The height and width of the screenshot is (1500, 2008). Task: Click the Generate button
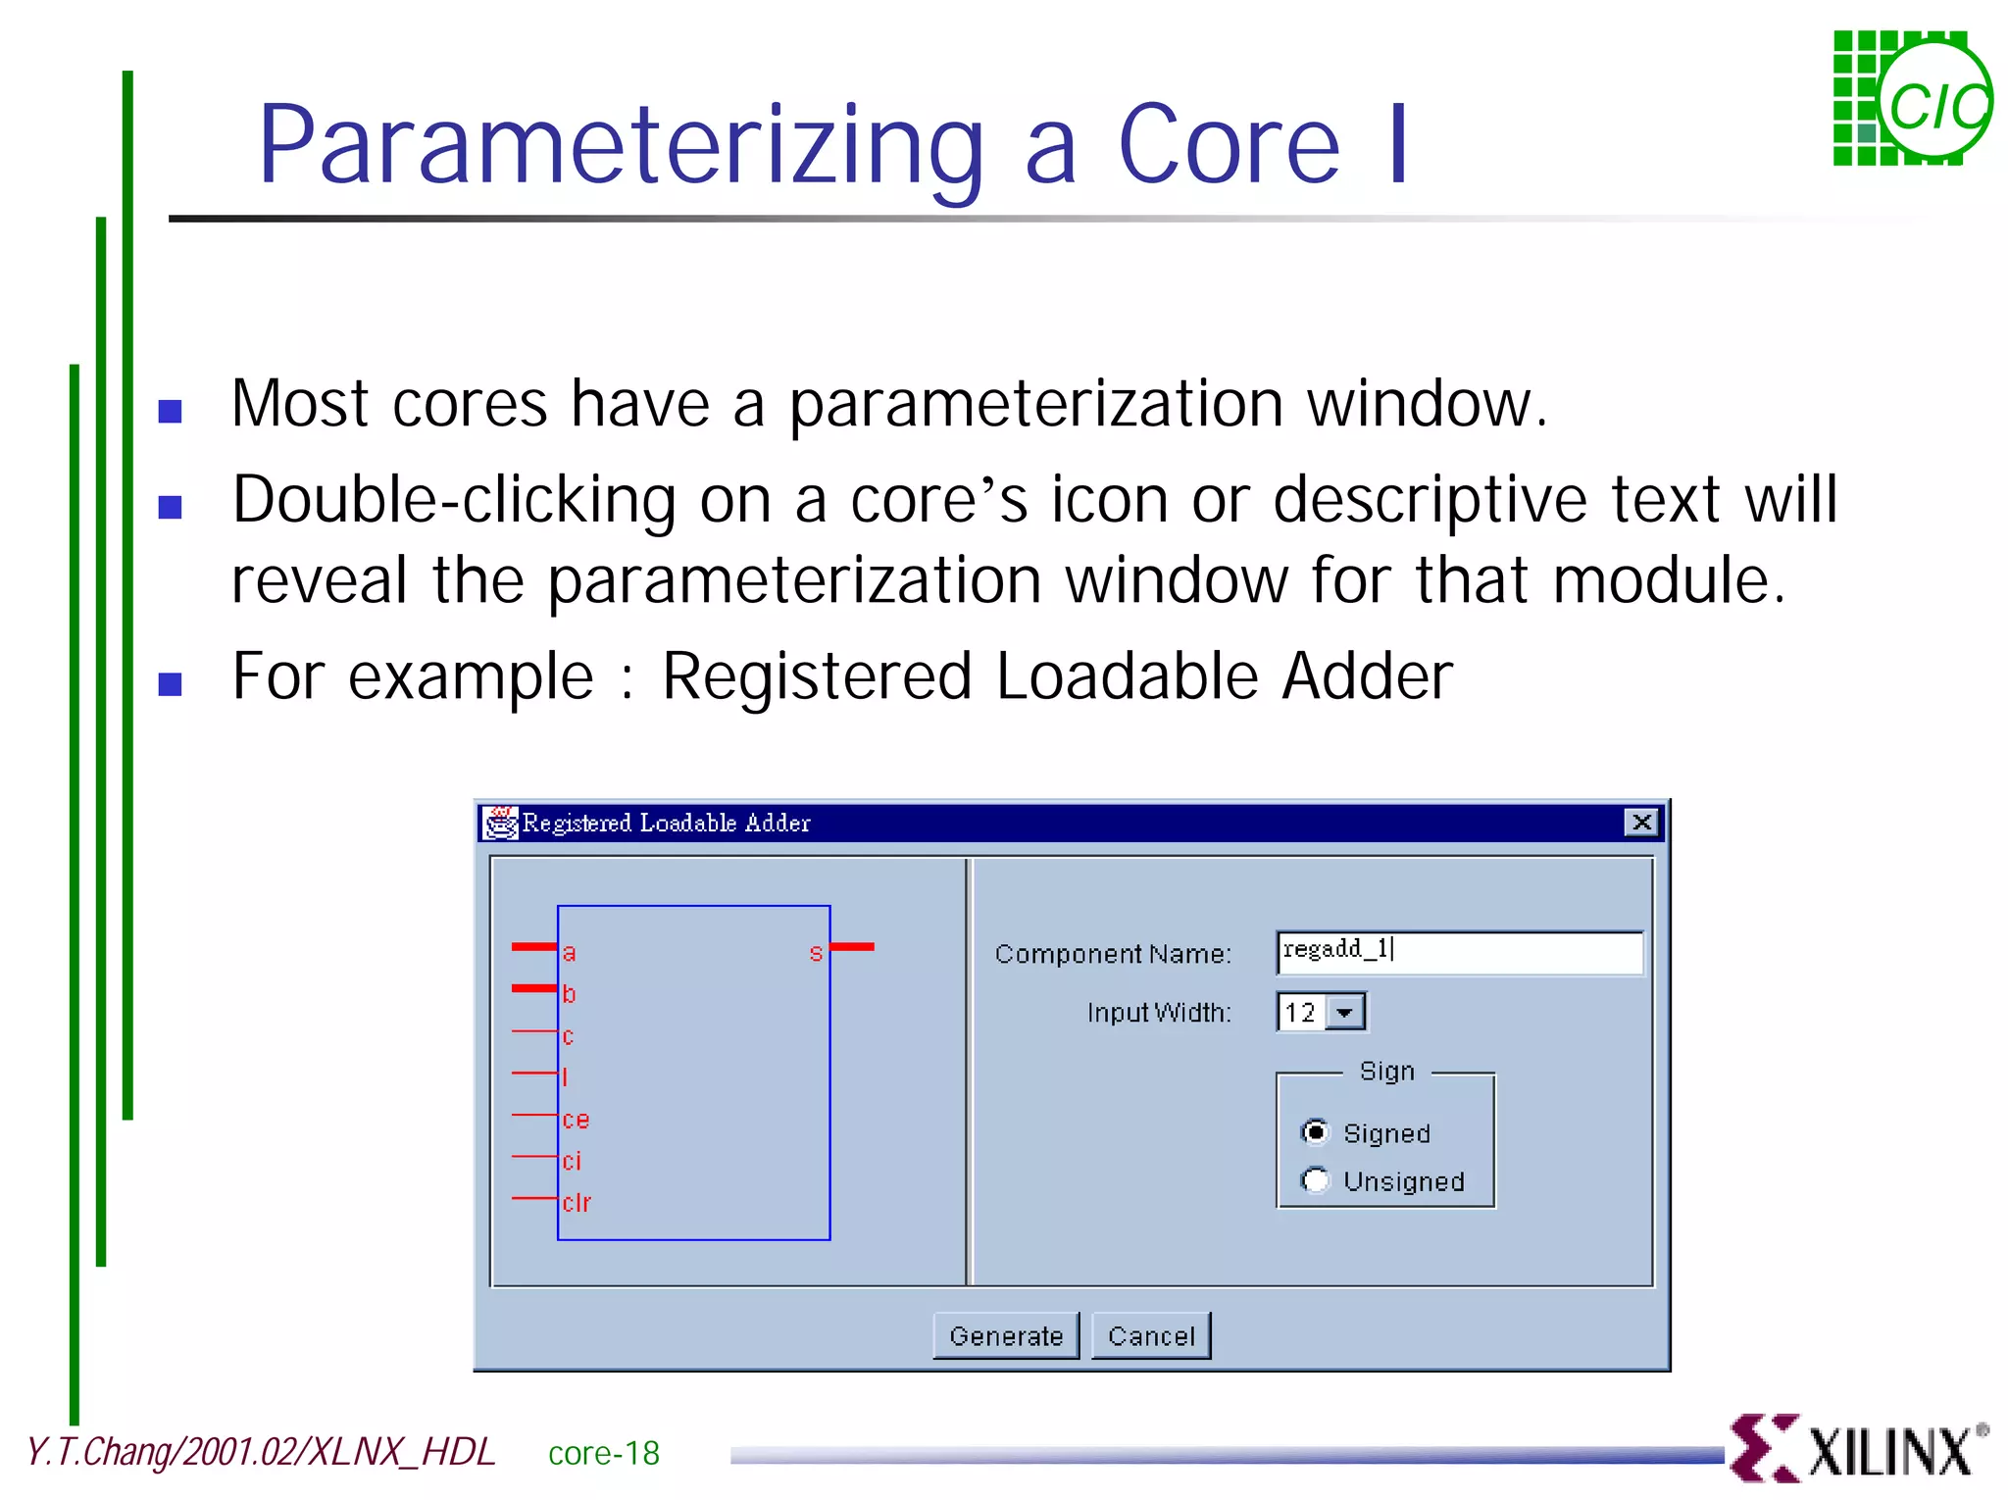point(1006,1335)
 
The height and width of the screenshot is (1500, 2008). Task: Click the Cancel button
point(1151,1335)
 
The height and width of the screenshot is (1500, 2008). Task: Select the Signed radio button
point(1315,1132)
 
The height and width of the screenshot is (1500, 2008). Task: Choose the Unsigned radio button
point(1315,1180)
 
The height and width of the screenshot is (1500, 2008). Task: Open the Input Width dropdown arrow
point(1345,1012)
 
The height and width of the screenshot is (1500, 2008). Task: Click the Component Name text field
point(1459,952)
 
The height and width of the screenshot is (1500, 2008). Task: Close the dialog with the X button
point(1641,822)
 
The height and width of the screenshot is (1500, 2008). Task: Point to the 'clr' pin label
point(577,1202)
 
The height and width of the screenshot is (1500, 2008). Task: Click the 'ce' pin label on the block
point(576,1120)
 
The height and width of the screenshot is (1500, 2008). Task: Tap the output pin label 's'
point(816,953)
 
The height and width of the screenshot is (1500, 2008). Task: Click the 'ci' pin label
point(572,1161)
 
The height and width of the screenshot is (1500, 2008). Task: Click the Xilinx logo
point(1859,1448)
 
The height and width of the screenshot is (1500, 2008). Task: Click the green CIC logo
point(1912,98)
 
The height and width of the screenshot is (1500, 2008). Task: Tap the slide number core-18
point(604,1453)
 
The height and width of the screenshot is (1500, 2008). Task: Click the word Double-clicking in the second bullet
point(453,500)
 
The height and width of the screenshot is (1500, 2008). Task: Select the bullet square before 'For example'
point(170,683)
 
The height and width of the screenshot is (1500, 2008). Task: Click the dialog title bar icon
point(500,822)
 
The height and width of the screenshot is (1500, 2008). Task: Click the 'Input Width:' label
point(1158,1012)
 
